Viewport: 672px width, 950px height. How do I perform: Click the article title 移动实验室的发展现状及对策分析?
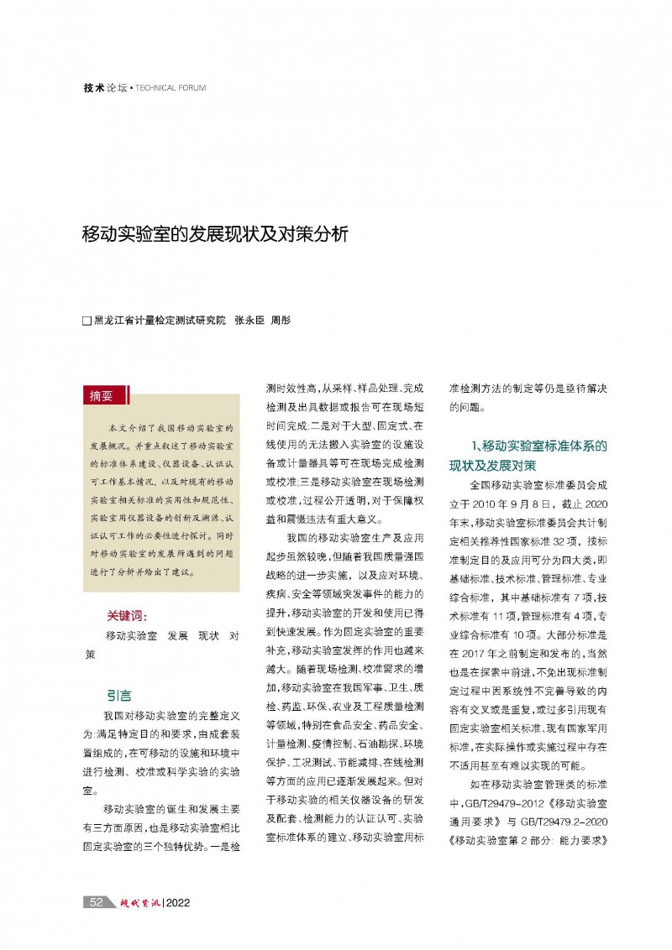pos(213,234)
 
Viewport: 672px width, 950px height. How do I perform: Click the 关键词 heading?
pos(127,615)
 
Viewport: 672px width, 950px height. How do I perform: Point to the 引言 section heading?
pos(118,695)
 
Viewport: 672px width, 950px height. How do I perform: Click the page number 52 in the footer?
pos(96,902)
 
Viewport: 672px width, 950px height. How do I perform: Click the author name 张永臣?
pos(249,321)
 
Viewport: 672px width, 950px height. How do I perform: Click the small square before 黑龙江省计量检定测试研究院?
pos(86,321)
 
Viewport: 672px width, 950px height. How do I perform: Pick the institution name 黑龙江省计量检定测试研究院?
pos(160,321)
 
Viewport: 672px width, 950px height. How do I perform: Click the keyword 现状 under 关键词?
pos(207,635)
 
